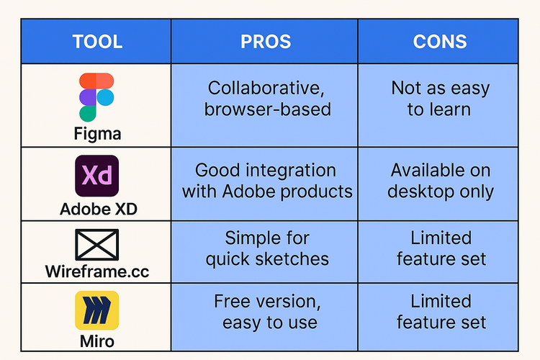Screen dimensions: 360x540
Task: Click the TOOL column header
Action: coord(97,41)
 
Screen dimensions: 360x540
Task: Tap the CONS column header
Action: coord(439,41)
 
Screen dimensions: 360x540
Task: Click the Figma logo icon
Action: coord(96,96)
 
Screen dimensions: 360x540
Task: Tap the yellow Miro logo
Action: coord(96,310)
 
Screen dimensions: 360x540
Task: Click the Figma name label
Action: coord(96,133)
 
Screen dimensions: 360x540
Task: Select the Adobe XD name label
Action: coord(96,209)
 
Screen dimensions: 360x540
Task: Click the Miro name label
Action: coord(96,340)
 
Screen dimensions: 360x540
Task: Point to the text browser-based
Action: coord(266,109)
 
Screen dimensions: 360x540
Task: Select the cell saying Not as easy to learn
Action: coord(440,99)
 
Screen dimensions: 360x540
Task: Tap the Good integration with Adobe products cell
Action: coord(266,181)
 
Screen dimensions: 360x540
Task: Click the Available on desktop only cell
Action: coord(440,181)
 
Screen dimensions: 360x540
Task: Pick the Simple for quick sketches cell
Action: coord(266,248)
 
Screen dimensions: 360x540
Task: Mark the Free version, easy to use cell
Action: coord(266,311)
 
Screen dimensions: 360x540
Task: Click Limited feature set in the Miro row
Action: coord(440,311)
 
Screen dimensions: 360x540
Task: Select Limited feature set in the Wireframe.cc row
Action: coord(440,248)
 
